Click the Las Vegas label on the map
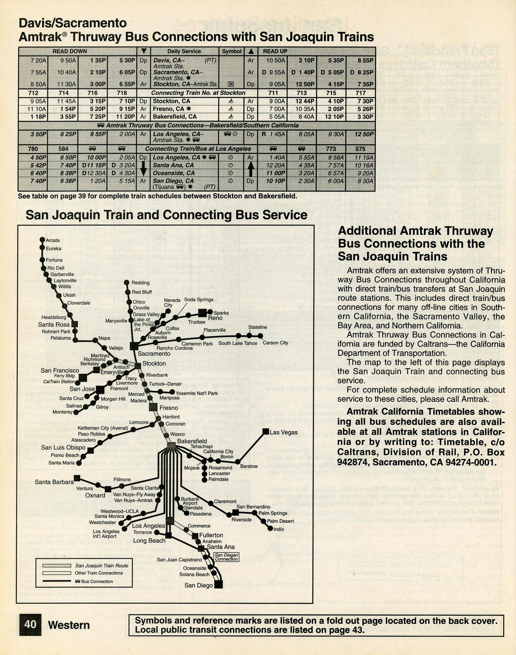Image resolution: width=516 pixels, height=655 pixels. click(284, 432)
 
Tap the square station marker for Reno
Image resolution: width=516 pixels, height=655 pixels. click(202, 313)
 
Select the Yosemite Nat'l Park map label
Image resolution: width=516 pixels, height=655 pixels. click(197, 393)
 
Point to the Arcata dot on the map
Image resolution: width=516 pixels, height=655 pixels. click(42, 240)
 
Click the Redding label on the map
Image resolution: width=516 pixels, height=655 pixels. click(141, 283)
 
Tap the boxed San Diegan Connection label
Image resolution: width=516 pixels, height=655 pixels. click(226, 557)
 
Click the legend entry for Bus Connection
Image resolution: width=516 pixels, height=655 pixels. click(97, 581)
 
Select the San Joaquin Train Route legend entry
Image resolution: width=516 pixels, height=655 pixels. click(102, 566)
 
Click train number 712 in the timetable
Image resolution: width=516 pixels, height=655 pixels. click(33, 93)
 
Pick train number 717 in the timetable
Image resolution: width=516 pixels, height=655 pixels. click(361, 93)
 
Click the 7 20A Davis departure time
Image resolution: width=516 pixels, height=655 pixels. click(38, 60)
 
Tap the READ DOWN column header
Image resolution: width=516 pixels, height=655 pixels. click(70, 51)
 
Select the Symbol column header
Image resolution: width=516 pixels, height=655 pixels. click(232, 51)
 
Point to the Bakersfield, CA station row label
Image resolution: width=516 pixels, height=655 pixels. click(175, 117)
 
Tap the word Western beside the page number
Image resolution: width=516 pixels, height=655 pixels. click(69, 625)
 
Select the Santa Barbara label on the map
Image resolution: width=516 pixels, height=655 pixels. click(54, 482)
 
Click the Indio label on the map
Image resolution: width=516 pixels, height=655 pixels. click(279, 529)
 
